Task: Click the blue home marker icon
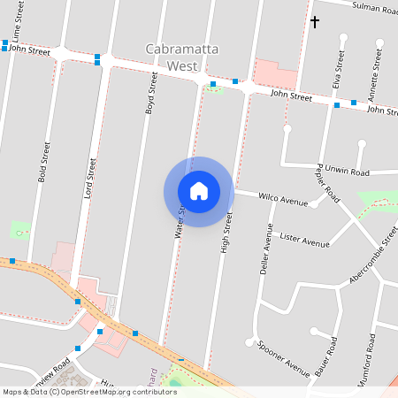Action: [x=198, y=191]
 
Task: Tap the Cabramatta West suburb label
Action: [x=184, y=57]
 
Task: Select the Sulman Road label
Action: [x=375, y=7]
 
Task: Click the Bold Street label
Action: [x=42, y=162]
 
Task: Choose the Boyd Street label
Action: [x=150, y=95]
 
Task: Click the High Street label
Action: [x=226, y=233]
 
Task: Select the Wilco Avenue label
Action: [x=283, y=199]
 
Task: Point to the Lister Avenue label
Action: [x=303, y=241]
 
